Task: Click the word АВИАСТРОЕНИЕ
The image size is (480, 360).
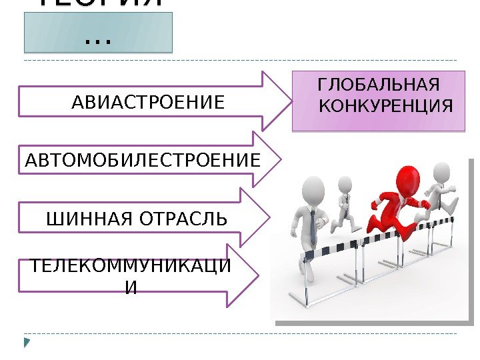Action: point(147,103)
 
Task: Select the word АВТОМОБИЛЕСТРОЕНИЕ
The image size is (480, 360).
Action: point(142,160)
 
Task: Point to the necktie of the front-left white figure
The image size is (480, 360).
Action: point(313,227)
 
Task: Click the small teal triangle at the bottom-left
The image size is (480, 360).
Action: point(27,343)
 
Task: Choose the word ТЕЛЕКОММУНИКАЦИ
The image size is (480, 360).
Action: point(131,269)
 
